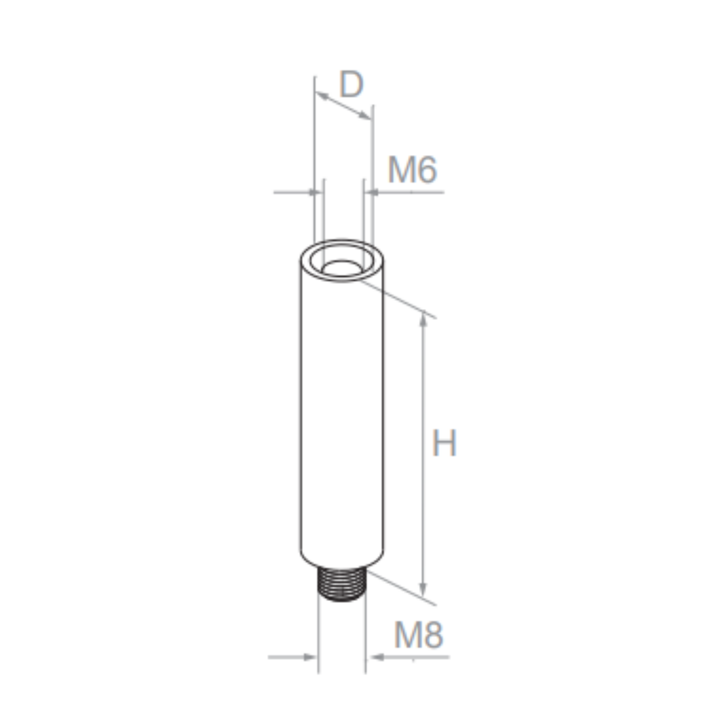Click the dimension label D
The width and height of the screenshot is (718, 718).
point(351,85)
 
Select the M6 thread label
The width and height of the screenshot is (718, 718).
point(412,170)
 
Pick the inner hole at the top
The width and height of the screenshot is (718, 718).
point(341,268)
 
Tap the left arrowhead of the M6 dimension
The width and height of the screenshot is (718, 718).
point(316,192)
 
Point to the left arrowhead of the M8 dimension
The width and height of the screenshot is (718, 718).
point(310,657)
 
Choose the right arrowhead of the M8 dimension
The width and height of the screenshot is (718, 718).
point(377,657)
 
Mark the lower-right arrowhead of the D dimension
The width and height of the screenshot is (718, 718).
point(365,116)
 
